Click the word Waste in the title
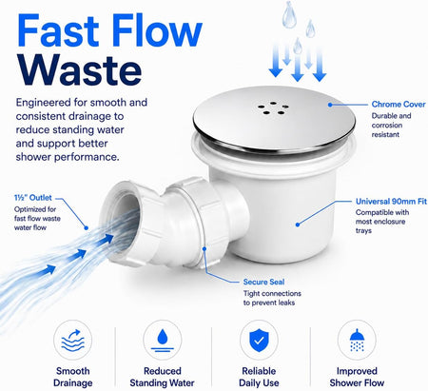click(x=79, y=70)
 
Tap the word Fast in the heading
click(x=59, y=30)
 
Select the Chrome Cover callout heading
click(x=399, y=105)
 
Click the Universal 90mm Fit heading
click(x=391, y=202)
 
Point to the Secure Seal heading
click(x=263, y=282)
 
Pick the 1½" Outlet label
click(x=32, y=198)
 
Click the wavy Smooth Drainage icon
click(x=72, y=341)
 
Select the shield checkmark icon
click(x=259, y=341)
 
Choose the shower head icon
click(x=357, y=341)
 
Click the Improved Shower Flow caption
click(x=357, y=377)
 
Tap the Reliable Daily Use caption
click(x=259, y=377)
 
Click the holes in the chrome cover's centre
click(x=273, y=108)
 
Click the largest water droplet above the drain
click(x=289, y=15)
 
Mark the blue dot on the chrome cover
click(x=330, y=105)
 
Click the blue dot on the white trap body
click(x=298, y=225)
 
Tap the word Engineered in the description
click(x=44, y=103)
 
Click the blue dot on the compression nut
click(x=204, y=249)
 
